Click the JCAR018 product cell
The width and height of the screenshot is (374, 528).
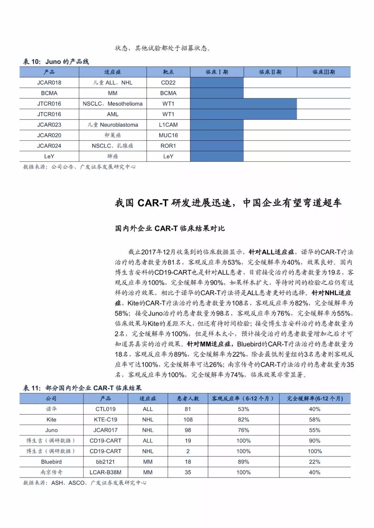[x=49, y=83]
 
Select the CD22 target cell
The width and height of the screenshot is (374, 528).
[x=168, y=83]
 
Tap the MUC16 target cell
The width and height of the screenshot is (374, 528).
[x=168, y=135]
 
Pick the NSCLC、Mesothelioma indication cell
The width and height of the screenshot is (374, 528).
[x=113, y=104]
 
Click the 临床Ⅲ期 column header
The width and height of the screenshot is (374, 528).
[x=323, y=72]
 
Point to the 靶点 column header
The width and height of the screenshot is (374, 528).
[x=168, y=72]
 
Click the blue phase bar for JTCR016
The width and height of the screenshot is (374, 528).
[x=243, y=104]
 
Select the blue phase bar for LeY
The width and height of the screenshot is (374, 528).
[x=217, y=156]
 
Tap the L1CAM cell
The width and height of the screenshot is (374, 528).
[x=168, y=125]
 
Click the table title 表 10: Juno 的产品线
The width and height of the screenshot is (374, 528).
[x=56, y=62]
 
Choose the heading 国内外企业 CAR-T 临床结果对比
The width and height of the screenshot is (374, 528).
[x=170, y=228]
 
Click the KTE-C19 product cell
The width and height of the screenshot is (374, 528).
[x=106, y=420]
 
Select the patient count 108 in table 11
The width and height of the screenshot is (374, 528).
[x=188, y=420]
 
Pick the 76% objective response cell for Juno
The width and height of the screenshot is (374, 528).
[x=243, y=430]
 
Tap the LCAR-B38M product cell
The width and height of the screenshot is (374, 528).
[x=106, y=472]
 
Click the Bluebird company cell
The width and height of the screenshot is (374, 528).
[x=51, y=462]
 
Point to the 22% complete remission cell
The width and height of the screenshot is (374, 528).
[x=314, y=462]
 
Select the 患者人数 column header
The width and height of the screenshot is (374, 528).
[x=188, y=399]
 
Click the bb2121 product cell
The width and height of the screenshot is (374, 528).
[x=106, y=462]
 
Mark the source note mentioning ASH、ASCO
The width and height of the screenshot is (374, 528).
[x=84, y=483]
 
